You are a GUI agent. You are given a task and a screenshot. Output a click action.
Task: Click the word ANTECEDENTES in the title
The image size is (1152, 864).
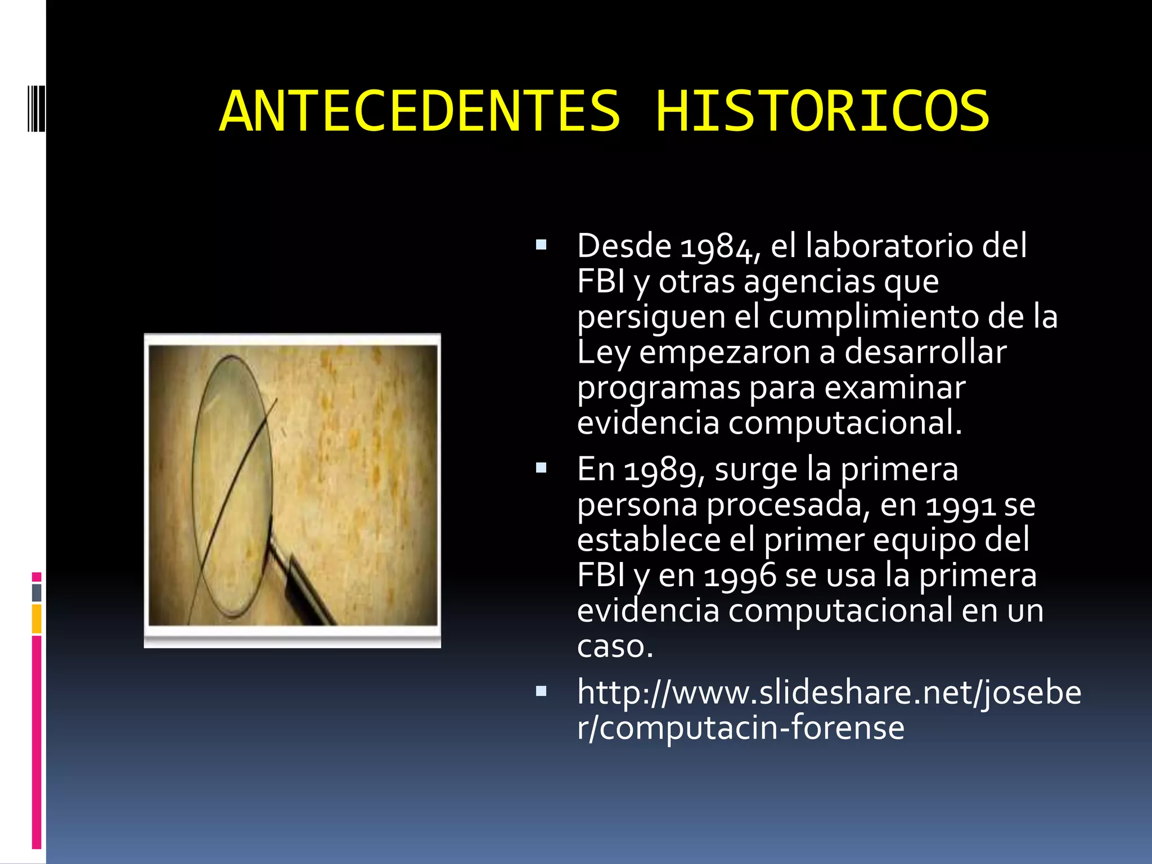[420, 111]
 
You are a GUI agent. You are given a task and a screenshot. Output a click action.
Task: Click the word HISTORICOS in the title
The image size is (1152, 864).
[822, 111]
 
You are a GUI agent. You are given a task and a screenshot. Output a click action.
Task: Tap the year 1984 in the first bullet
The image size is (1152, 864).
[716, 247]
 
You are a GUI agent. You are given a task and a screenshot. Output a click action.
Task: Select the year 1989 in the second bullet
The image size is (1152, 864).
[660, 470]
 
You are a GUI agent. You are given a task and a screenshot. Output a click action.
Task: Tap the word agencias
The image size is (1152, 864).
[809, 281]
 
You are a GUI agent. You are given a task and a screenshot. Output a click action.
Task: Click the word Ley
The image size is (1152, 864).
[604, 353]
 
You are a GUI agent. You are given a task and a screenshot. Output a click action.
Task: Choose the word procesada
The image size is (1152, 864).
[784, 505]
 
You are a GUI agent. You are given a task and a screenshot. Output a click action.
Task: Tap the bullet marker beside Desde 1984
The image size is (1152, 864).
[541, 245]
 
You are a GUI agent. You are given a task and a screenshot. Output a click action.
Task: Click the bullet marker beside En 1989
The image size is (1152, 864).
[541, 468]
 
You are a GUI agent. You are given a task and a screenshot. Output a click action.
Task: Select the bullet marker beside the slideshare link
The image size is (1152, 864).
[541, 691]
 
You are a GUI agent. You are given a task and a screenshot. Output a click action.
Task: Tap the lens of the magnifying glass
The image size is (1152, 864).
[233, 484]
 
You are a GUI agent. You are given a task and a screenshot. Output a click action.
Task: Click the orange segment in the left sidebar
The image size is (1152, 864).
[37, 619]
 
